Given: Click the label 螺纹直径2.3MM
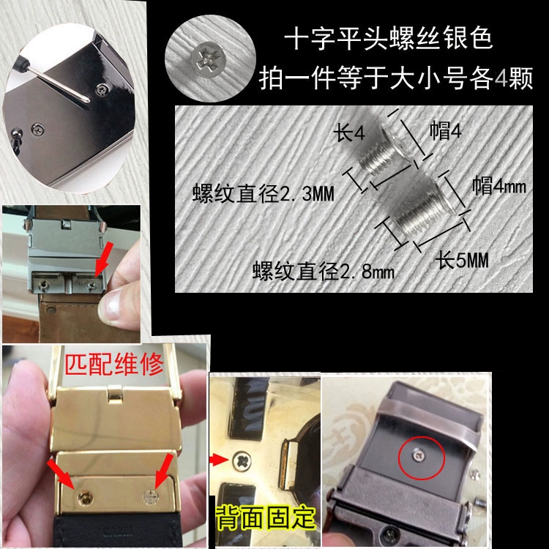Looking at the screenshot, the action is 264,193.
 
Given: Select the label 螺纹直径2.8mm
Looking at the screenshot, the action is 324,270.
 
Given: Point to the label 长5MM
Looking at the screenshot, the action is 462,260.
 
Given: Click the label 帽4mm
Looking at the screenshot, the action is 499,186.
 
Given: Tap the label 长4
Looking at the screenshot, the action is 349,132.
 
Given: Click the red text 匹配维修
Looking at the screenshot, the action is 114,365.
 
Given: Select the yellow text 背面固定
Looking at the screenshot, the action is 265,518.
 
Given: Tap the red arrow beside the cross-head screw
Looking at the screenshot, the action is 219,460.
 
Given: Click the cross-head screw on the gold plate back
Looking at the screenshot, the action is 242,460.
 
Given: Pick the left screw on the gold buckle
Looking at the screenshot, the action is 85,497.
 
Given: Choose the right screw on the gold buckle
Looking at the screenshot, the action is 152,497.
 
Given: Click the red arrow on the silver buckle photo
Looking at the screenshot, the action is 104,258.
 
